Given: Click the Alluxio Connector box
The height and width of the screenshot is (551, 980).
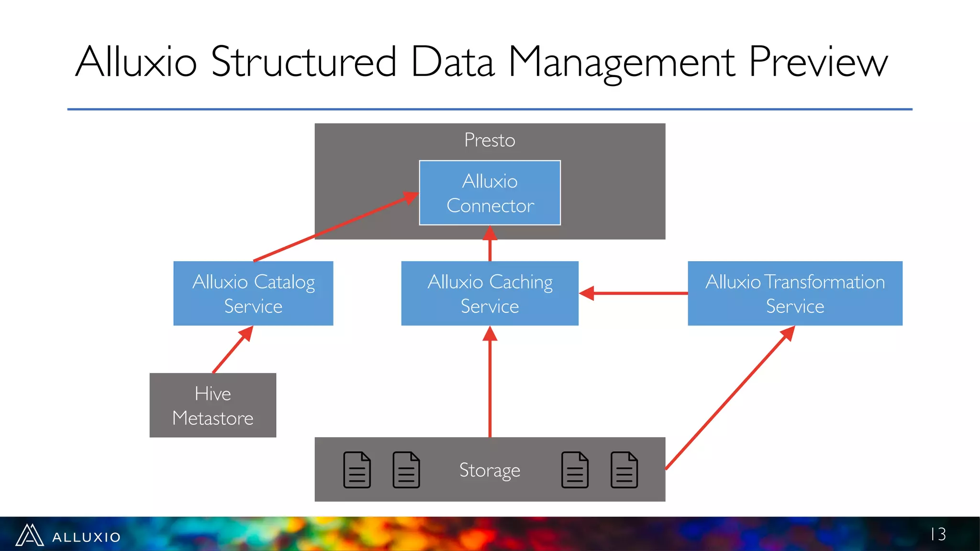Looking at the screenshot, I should pos(490,193).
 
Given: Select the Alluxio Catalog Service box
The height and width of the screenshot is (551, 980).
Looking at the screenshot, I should pos(253,293).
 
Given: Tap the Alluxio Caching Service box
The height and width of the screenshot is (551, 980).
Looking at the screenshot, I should pos(490,293).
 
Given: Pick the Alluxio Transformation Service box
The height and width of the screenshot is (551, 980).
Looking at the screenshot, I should pos(795,293).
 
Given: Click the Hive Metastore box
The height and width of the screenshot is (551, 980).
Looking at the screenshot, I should pos(212,405).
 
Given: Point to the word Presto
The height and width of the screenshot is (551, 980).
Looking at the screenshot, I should pos(490,140).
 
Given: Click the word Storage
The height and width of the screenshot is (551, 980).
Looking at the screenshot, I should pos(490,470).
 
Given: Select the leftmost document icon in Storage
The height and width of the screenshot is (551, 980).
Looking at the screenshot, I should pos(357,470).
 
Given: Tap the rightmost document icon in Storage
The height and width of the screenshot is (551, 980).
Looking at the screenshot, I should pos(624,470).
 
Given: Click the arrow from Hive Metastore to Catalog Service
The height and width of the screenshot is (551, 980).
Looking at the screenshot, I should pos(232,350).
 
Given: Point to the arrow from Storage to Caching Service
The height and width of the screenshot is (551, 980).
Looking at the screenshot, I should pos(490,383).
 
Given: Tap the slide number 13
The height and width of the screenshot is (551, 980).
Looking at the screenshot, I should pos(938,534).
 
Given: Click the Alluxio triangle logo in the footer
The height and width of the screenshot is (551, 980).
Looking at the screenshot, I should pos(30,535).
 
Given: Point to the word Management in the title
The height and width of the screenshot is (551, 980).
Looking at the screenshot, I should pos(622,62).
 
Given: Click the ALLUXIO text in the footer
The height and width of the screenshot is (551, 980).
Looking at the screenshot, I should pos(87,537).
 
